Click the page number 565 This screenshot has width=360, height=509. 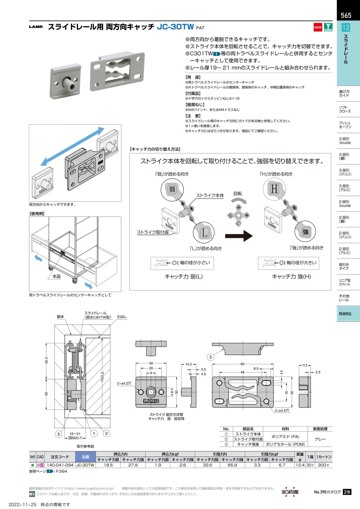pos(346,16)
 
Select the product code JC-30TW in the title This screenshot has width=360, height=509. pos(176,27)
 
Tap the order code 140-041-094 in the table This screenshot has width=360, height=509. pos(60,465)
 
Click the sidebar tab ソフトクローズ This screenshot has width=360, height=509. pos(345,109)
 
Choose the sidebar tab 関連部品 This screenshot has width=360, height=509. pos(345,314)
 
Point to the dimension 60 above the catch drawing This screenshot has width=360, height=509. pos(242,364)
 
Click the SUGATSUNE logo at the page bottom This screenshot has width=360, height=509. pos(290,492)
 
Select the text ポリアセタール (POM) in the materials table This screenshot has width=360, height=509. pos(287,444)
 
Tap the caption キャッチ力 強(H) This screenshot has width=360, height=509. pos(291,277)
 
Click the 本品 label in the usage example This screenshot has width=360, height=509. pos(56,276)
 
